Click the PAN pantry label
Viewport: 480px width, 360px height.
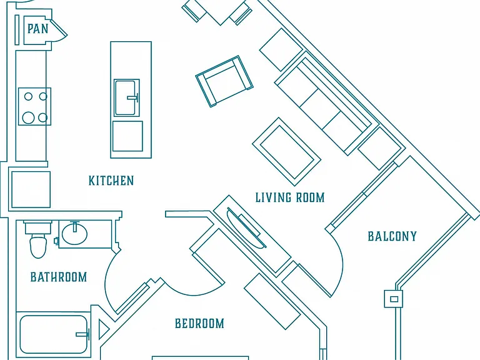pyautogui.click(x=38, y=29)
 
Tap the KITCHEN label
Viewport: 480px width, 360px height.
pyautogui.click(x=111, y=181)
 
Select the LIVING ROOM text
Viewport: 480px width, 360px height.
pyautogui.click(x=290, y=197)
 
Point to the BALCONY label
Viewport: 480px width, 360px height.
pyautogui.click(x=392, y=236)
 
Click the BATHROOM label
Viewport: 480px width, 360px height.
pyautogui.click(x=59, y=277)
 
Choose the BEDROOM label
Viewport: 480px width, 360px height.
pyautogui.click(x=199, y=323)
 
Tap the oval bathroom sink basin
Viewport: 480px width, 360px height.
pyautogui.click(x=74, y=234)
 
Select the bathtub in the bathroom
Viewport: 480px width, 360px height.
pyautogui.click(x=54, y=334)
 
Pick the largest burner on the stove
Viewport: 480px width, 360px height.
pyautogui.click(x=28, y=117)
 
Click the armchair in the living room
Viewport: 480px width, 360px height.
pyautogui.click(x=224, y=81)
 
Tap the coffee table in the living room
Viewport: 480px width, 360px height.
pyautogui.click(x=287, y=152)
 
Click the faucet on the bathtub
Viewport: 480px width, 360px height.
pyautogui.click(x=83, y=334)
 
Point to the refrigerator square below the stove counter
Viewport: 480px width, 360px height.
pyautogui.click(x=31, y=189)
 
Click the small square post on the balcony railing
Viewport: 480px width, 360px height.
pyautogui.click(x=393, y=299)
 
